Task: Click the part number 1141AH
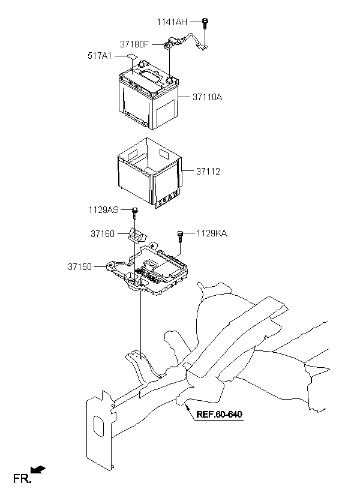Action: point(172,22)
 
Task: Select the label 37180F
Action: point(134,44)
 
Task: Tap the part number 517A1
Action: point(100,56)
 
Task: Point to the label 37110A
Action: point(207,97)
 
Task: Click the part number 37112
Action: point(208,172)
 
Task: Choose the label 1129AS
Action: point(104,209)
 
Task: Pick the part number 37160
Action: point(103,234)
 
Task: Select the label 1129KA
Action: point(212,233)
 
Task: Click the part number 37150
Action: point(80,267)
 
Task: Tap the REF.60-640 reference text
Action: point(219,414)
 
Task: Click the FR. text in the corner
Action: point(22,479)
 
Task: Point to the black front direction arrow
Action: point(38,470)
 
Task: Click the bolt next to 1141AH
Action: point(205,23)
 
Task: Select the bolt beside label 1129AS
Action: point(134,214)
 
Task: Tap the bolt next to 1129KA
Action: point(180,236)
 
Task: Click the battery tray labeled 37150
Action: point(148,269)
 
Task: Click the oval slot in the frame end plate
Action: point(99,426)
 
